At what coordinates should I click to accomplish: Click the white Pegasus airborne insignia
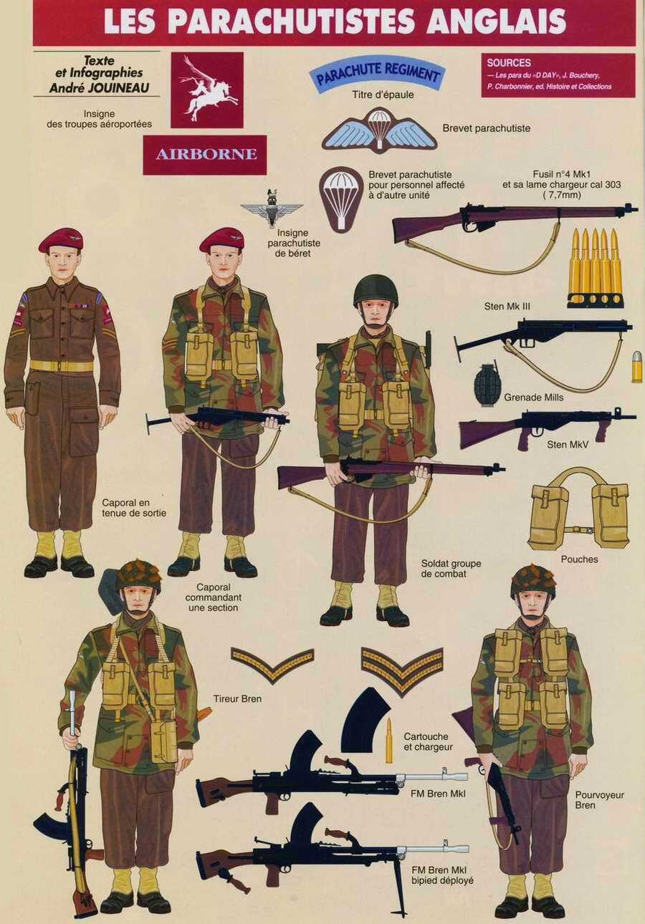tap(206, 90)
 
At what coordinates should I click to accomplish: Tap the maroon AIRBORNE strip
tap(205, 155)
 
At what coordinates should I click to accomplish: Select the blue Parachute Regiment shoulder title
tap(375, 74)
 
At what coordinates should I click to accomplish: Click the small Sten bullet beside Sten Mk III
tap(638, 365)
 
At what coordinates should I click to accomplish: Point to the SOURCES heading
tap(509, 63)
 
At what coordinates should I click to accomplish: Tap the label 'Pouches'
tap(579, 559)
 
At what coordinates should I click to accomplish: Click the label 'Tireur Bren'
tap(237, 699)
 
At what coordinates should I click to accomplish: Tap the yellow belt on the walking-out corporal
tap(62, 365)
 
